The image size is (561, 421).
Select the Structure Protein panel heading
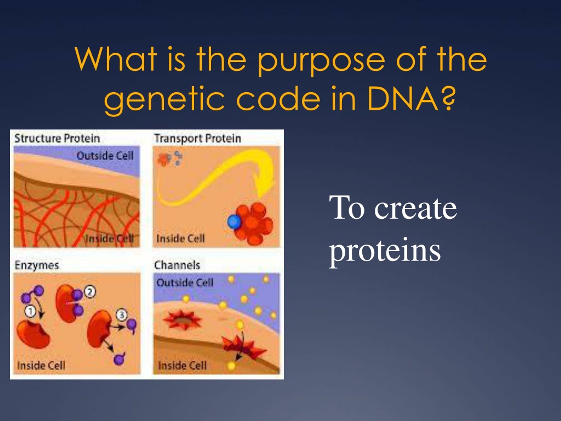tap(57, 139)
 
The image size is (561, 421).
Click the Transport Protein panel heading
tap(198, 139)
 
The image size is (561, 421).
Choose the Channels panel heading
tap(177, 265)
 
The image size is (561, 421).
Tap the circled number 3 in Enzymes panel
tap(122, 315)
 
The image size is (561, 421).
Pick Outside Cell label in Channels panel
tap(185, 283)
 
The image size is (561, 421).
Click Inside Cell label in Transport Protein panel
tap(181, 239)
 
